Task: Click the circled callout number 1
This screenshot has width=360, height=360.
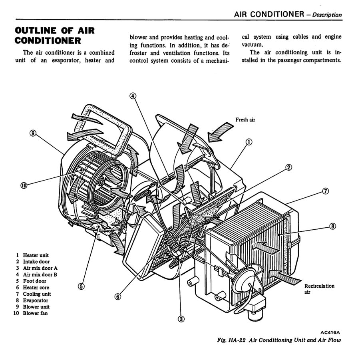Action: click(x=249, y=142)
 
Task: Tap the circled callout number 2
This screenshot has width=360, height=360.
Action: click(x=288, y=168)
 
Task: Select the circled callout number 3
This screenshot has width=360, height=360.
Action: click(x=181, y=318)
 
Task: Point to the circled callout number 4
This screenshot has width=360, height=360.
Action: click(x=133, y=96)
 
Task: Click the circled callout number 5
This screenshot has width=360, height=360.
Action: click(x=81, y=286)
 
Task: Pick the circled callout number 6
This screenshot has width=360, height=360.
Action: click(x=117, y=296)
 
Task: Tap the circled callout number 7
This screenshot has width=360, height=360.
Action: click(x=325, y=191)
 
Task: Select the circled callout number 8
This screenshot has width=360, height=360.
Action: click(x=332, y=226)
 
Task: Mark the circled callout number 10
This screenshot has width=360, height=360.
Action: click(x=24, y=185)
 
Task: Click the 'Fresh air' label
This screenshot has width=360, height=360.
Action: click(x=245, y=120)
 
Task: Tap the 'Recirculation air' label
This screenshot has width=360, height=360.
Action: click(x=319, y=289)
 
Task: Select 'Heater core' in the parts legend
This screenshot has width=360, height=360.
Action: click(x=36, y=287)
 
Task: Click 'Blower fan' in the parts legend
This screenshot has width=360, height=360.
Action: click(x=35, y=313)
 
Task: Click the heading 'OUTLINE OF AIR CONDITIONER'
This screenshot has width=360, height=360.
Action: click(x=55, y=35)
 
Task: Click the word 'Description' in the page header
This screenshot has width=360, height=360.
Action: click(x=327, y=15)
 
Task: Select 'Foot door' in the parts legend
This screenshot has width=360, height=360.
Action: click(x=34, y=281)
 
